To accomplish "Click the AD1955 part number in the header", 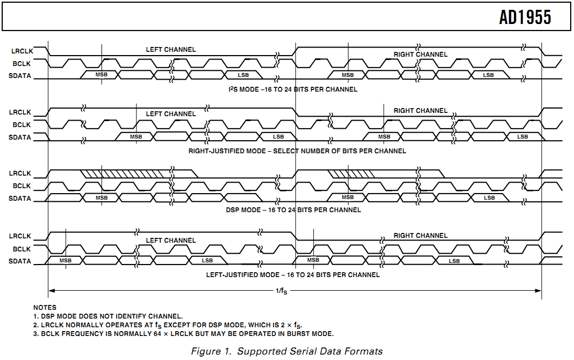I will [x=525, y=17].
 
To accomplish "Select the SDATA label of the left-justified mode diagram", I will [x=20, y=261].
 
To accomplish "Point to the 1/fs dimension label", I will [x=281, y=291].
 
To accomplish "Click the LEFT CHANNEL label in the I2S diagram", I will [x=171, y=50].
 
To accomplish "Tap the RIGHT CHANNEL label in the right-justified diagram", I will [x=420, y=111].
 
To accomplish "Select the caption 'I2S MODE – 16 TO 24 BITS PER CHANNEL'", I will [x=293, y=89].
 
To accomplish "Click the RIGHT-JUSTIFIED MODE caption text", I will [x=297, y=151].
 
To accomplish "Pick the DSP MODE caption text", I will [x=293, y=210].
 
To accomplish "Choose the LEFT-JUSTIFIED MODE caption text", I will [x=292, y=275].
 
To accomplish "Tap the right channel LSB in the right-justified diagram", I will [x=522, y=136].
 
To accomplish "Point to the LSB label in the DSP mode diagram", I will [x=489, y=197].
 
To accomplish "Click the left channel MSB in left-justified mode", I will [x=65, y=261].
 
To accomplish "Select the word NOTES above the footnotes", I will [x=45, y=308].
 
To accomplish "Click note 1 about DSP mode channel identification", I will [x=107, y=316].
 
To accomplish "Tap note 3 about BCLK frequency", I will [x=183, y=334].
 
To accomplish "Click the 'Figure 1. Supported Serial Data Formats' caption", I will [x=286, y=351].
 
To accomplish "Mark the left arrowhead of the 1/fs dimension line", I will [x=51, y=290].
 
